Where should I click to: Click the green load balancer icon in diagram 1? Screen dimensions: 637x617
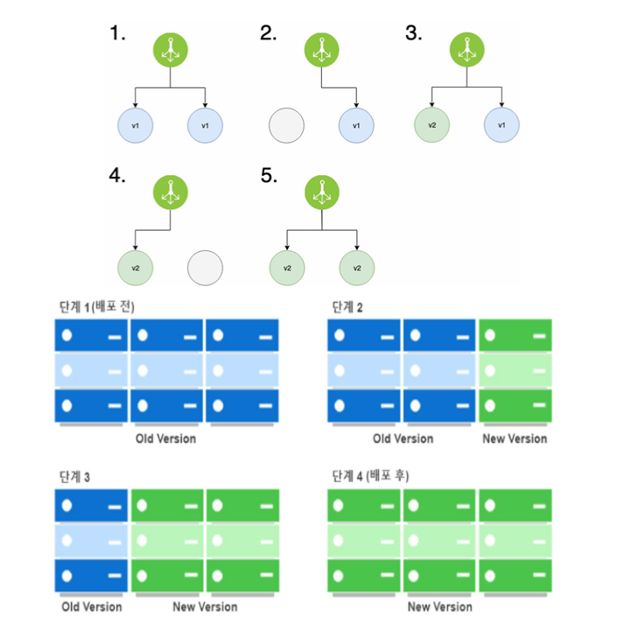tap(170, 49)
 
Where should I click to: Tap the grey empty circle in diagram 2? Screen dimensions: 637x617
tap(286, 125)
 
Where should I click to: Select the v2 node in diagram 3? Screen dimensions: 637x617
tap(431, 125)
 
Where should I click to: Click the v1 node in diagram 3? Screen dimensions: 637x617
tap(501, 125)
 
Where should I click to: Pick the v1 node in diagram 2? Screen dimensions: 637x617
tap(356, 125)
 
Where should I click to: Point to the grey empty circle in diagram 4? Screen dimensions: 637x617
tap(205, 267)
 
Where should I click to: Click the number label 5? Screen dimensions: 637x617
tap(269, 176)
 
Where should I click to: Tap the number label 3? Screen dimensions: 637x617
tap(414, 34)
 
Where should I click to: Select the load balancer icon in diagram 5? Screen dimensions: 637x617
tap(321, 192)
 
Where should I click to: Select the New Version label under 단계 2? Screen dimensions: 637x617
tap(515, 437)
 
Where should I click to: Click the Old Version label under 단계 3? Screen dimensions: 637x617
tap(92, 606)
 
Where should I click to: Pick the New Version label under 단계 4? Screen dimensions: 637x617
tap(440, 606)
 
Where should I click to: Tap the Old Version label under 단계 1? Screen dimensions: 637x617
tap(166, 437)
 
